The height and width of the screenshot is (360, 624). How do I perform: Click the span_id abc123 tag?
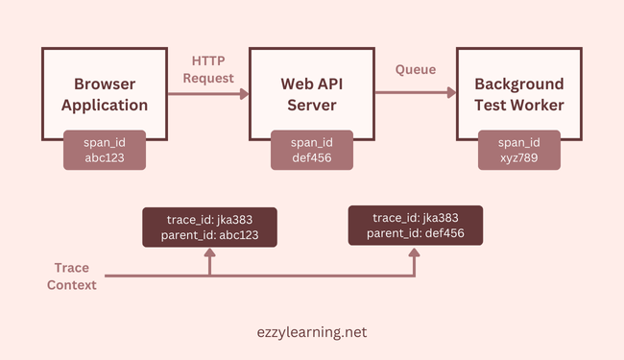[x=104, y=150]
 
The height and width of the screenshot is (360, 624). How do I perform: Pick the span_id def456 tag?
[x=311, y=150]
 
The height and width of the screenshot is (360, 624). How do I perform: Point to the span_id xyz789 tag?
[x=519, y=150]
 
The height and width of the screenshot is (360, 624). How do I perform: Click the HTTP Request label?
[x=207, y=69]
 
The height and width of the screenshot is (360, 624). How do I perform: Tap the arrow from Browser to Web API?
[x=207, y=93]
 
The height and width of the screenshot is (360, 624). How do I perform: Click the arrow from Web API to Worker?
[x=415, y=93]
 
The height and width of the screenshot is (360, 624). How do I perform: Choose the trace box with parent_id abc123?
[x=209, y=228]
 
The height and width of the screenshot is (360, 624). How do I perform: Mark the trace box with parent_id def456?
[x=415, y=226]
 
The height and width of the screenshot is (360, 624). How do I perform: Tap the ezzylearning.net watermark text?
[x=311, y=331]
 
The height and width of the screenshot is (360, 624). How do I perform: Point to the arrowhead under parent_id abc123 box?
[x=209, y=256]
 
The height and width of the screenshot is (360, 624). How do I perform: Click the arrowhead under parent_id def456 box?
[x=415, y=254]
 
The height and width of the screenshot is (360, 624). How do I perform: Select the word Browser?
[x=104, y=84]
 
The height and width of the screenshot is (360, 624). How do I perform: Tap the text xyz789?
[x=519, y=158]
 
